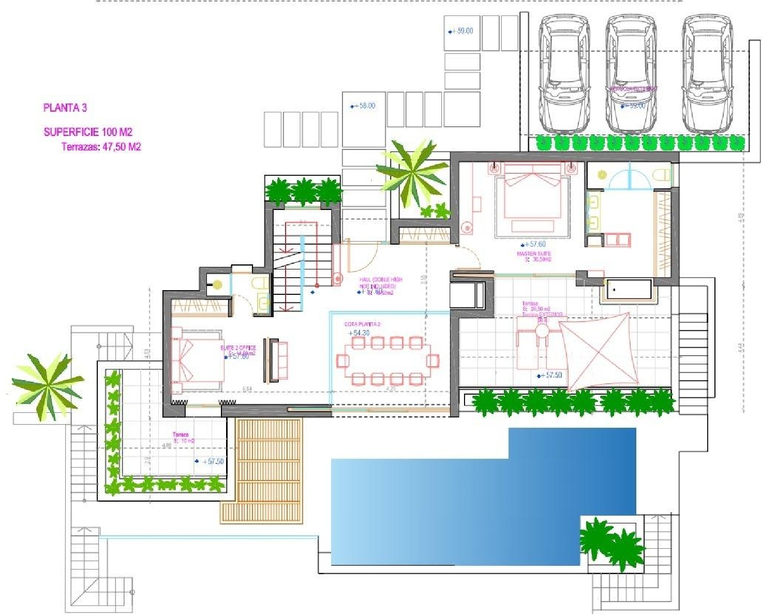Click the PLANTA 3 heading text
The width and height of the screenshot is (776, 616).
pyautogui.click(x=65, y=108)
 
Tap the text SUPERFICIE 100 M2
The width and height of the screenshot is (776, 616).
pyautogui.click(x=88, y=132)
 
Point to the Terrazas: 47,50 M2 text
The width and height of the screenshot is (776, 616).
pyautogui.click(x=101, y=147)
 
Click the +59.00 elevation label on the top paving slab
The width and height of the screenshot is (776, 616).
pyautogui.click(x=461, y=31)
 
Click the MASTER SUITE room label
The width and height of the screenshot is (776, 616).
pyautogui.click(x=534, y=254)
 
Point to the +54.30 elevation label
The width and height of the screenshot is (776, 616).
pyautogui.click(x=359, y=333)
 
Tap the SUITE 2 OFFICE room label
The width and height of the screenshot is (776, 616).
pyautogui.click(x=238, y=348)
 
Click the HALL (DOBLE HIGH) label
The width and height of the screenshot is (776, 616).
pyautogui.click(x=381, y=280)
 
